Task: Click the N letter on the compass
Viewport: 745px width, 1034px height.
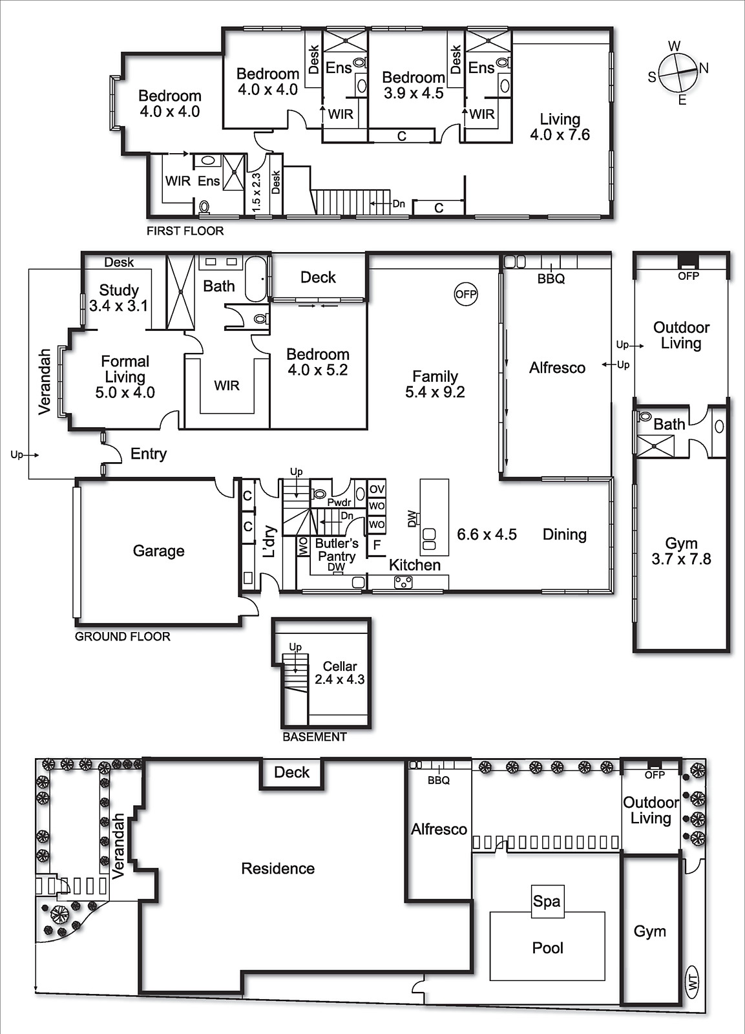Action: click(x=704, y=68)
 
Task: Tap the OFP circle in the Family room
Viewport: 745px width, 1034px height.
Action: click(x=465, y=294)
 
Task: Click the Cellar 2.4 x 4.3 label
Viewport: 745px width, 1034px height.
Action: click(x=339, y=673)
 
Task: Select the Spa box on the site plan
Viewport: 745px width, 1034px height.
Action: click(x=547, y=901)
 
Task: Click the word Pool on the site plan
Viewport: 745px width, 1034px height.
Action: click(x=547, y=948)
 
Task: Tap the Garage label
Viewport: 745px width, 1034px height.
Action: click(x=158, y=551)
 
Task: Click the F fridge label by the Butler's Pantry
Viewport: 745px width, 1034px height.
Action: click(x=377, y=545)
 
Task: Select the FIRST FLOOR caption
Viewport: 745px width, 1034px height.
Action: click(x=185, y=231)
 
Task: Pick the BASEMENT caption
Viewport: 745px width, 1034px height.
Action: click(x=315, y=737)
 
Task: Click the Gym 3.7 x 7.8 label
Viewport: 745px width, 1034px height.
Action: click(x=681, y=551)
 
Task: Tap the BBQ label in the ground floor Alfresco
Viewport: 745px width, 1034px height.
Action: click(x=551, y=279)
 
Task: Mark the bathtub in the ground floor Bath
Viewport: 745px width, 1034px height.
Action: click(x=257, y=279)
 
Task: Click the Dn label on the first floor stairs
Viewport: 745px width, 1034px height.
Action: click(x=399, y=204)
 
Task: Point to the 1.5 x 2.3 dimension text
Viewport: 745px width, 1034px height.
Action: click(x=257, y=192)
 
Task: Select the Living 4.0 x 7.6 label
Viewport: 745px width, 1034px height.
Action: click(x=560, y=127)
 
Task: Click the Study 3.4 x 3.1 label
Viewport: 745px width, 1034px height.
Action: click(x=119, y=298)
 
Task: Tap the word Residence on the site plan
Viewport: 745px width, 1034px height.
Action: click(x=278, y=869)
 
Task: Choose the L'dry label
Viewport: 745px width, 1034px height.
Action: click(x=269, y=542)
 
